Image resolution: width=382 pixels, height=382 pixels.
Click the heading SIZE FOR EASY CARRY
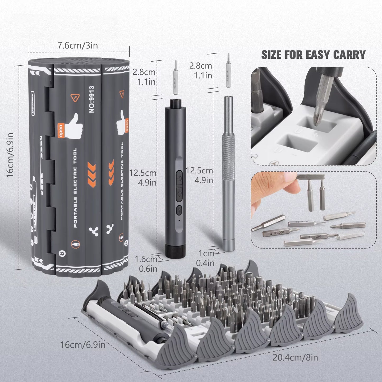point(313,55)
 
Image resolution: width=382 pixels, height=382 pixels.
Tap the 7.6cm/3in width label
point(78,45)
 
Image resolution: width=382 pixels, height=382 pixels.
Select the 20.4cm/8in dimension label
point(295,358)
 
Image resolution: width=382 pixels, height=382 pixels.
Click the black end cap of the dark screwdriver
point(173,251)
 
